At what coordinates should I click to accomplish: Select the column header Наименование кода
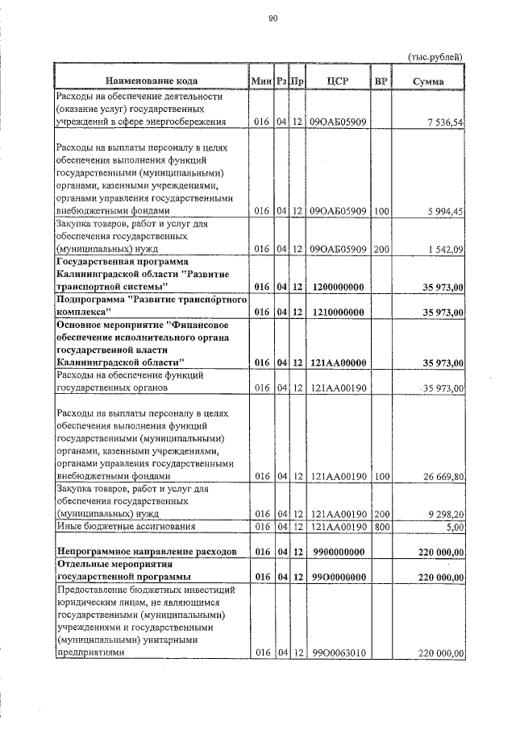(150, 81)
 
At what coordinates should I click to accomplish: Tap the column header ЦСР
(339, 81)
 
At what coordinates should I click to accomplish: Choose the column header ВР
(381, 81)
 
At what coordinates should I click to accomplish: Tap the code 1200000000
(339, 288)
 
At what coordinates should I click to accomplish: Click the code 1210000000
(339, 311)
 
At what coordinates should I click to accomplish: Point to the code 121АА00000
(339, 362)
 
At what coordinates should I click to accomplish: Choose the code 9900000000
(339, 552)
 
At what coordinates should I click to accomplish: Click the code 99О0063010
(339, 653)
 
